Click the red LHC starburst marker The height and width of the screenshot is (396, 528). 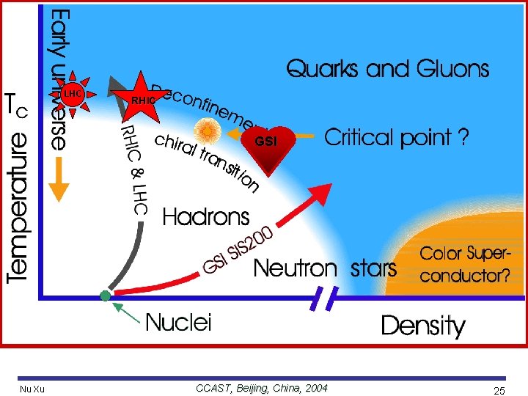point(72,95)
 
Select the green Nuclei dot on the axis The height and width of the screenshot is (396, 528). point(106,296)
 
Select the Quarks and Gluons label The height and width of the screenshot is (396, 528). point(387,70)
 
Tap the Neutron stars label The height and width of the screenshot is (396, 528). point(324,268)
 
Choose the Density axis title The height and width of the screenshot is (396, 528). point(422,326)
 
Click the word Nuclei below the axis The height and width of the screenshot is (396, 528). point(177,322)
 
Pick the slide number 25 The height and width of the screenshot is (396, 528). point(499,391)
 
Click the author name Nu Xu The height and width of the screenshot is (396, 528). point(32,389)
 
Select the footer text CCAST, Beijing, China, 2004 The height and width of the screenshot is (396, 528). point(262,388)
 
